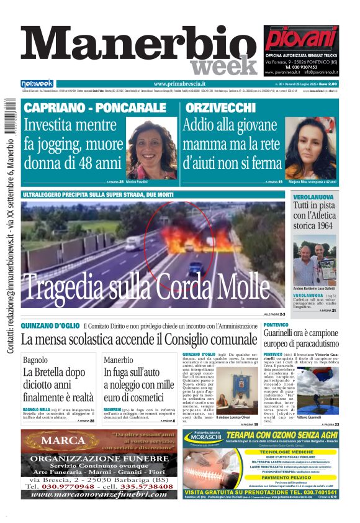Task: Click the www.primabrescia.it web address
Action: click(179, 84)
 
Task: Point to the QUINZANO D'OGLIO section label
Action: click(50, 325)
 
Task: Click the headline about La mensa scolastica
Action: click(138, 339)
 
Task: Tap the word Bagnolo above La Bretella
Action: click(35, 360)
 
